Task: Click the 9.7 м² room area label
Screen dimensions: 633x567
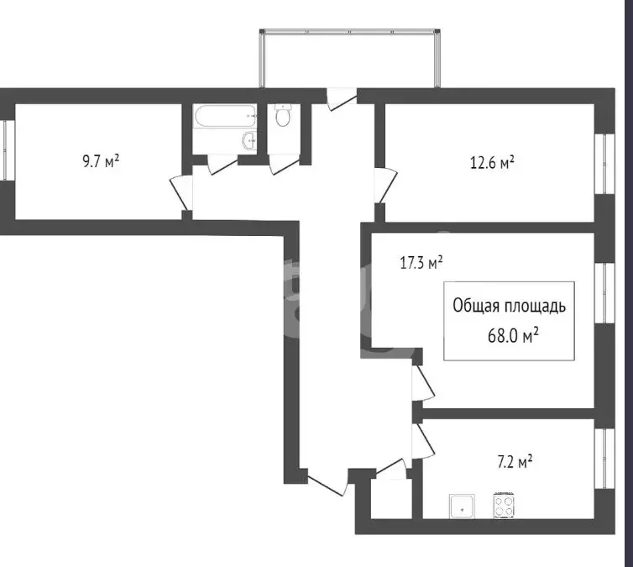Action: [x=101, y=161]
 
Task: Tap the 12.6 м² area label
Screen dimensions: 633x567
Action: [x=492, y=163]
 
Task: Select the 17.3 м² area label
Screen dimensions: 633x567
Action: [x=421, y=263]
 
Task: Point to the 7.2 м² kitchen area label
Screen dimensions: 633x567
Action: [x=515, y=462]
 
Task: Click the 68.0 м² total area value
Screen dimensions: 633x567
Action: [x=513, y=335]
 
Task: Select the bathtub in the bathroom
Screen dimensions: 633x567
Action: [x=225, y=116]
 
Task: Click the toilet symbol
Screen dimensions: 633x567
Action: [x=284, y=115]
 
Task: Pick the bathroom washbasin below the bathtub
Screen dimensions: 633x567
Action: [x=248, y=141]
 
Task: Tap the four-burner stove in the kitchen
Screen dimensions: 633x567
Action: [x=504, y=505]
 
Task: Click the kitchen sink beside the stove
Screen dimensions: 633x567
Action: [x=462, y=507]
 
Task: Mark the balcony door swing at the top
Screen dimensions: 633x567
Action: [x=342, y=99]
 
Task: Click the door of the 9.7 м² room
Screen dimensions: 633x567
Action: [x=181, y=192]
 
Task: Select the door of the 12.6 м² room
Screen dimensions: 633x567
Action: [x=385, y=186]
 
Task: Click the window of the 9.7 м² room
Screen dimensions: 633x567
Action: [x=7, y=150]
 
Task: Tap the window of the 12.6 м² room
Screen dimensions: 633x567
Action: [x=604, y=164]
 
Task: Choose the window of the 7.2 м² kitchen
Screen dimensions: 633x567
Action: [x=604, y=459]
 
